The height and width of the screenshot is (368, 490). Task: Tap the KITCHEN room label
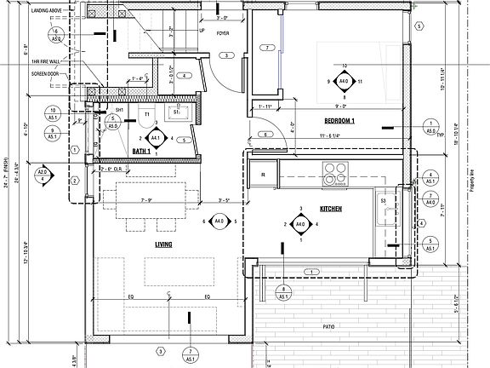tap(331, 208)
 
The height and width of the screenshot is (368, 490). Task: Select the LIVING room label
tap(163, 244)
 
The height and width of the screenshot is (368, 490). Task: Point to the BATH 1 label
tap(142, 151)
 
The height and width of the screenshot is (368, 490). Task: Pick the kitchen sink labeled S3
tap(385, 210)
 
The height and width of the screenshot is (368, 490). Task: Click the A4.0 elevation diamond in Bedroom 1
tap(344, 82)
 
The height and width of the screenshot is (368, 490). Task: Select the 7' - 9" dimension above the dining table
tap(148, 200)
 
